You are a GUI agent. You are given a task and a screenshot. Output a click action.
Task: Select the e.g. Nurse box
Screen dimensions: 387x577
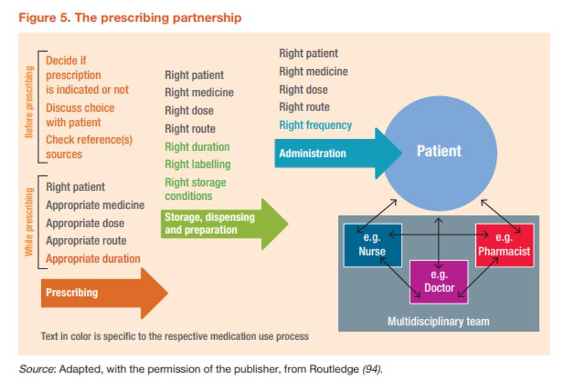tap(372, 245)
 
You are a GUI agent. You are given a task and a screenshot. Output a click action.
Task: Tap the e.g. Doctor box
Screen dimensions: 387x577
tap(438, 282)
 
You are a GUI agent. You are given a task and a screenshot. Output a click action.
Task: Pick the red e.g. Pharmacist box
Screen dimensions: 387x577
tap(505, 245)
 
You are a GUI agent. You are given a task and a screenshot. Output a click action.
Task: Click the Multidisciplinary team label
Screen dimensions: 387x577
tap(438, 322)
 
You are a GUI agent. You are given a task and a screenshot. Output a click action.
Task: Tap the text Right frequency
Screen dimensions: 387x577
tap(315, 125)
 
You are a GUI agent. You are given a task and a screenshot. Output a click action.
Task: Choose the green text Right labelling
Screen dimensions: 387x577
tap(197, 165)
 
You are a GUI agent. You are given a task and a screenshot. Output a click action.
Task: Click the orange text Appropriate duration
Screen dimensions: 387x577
tap(93, 259)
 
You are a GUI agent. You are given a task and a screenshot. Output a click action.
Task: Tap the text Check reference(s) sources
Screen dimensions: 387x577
tap(89, 147)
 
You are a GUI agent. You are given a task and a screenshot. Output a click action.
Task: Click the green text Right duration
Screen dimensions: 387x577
tap(197, 147)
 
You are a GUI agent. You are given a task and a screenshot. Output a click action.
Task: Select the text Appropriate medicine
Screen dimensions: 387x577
tap(95, 205)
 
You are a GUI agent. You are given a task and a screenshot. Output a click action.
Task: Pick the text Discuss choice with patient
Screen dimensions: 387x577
tap(80, 115)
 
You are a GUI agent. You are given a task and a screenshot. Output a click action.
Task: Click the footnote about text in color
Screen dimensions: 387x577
tap(175, 336)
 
